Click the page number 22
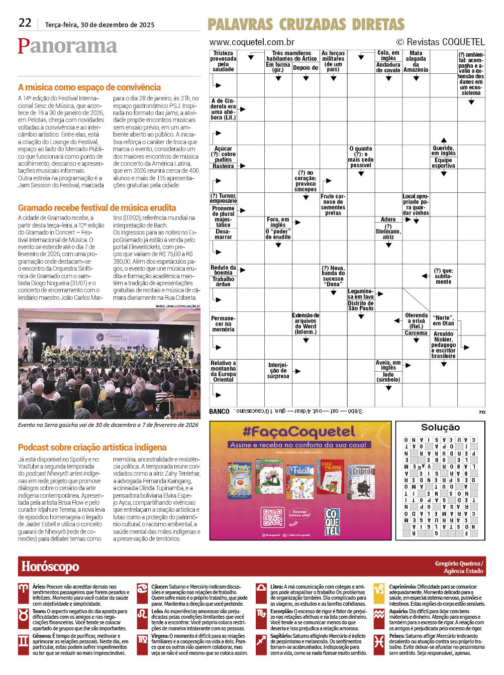[x=25, y=23]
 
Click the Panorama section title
[x=67, y=46]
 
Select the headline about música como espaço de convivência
[x=89, y=87]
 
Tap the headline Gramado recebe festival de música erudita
[x=97, y=208]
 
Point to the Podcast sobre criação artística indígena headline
[x=92, y=447]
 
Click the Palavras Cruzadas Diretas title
[x=306, y=25]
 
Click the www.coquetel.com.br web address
[x=252, y=42]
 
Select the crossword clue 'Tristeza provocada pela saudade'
[x=223, y=61]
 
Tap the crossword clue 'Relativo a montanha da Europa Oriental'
[x=223, y=371]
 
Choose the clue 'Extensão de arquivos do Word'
[x=306, y=324]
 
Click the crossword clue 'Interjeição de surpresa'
[x=278, y=371]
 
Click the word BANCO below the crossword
[x=219, y=411]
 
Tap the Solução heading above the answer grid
[x=440, y=427]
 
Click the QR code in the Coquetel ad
[x=273, y=517]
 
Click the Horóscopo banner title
[x=50, y=567]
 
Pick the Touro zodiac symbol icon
[x=24, y=616]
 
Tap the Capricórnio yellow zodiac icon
[x=379, y=592]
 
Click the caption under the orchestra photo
[x=108, y=425]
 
